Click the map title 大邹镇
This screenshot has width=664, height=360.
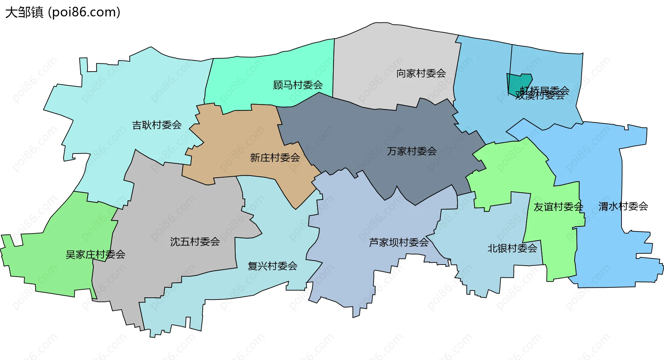click(x=24, y=12)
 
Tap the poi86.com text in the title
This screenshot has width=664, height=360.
click(x=84, y=12)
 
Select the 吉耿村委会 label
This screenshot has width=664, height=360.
click(x=157, y=125)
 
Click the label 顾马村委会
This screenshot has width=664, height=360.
click(x=298, y=85)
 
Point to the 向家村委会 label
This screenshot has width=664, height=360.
click(x=421, y=73)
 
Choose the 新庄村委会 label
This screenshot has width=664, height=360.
click(x=275, y=158)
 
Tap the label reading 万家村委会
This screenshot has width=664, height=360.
click(x=412, y=151)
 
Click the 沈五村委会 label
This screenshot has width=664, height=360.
click(x=195, y=241)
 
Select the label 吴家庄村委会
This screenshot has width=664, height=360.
click(x=95, y=255)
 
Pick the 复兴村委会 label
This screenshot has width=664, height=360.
click(x=273, y=266)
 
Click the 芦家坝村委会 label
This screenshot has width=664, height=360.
click(x=399, y=242)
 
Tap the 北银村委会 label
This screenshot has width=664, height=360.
click(x=512, y=248)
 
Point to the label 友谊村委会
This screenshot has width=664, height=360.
click(x=558, y=207)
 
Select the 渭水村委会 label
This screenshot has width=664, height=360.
click(x=623, y=206)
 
